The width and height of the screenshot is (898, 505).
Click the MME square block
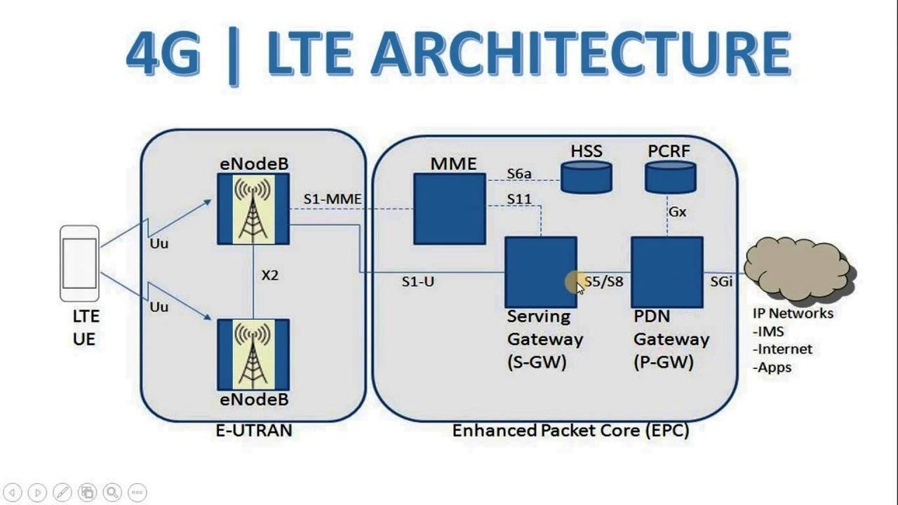(449, 209)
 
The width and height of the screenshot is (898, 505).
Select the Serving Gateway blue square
(540, 272)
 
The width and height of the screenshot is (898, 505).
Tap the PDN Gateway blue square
(666, 272)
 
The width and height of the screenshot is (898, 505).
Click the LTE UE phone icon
(79, 263)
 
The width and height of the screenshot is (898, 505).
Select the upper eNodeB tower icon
(253, 209)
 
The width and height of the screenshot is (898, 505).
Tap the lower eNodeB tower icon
(253, 354)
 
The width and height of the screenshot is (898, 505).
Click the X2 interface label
(269, 276)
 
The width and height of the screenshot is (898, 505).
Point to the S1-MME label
(333, 200)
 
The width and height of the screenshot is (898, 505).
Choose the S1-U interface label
(418, 282)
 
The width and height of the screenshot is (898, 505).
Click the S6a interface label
(520, 173)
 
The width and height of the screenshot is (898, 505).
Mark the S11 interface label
(520, 200)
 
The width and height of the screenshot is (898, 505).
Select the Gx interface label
(677, 212)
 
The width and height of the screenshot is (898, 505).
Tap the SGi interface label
(721, 282)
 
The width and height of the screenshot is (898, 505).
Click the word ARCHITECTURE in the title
(579, 55)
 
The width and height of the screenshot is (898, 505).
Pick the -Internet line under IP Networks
(782, 349)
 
